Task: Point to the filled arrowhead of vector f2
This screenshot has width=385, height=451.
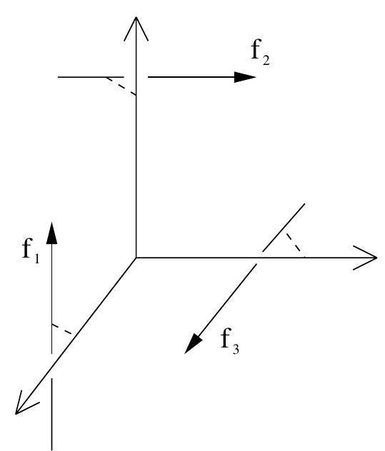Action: point(246,77)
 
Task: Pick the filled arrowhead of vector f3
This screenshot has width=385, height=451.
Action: point(191,345)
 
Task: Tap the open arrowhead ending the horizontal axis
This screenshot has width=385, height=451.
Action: point(367,257)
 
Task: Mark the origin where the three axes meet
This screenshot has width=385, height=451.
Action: point(135,257)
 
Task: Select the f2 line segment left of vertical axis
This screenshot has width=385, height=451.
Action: point(91,77)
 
